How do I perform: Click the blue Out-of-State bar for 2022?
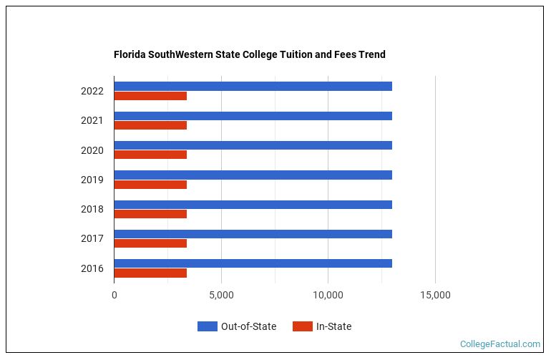click(x=253, y=86)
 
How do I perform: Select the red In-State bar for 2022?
click(x=150, y=96)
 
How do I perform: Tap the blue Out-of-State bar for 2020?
click(x=253, y=145)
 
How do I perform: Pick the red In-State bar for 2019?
click(x=150, y=185)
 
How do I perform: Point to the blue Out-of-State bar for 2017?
click(x=253, y=234)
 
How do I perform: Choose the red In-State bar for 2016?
click(x=150, y=273)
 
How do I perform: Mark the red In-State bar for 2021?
click(x=150, y=125)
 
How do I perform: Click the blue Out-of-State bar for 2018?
click(x=253, y=205)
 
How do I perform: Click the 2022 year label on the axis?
click(x=92, y=91)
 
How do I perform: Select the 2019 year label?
click(x=92, y=180)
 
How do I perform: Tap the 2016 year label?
click(x=92, y=268)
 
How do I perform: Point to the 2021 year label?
click(x=92, y=120)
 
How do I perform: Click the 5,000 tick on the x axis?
click(x=221, y=294)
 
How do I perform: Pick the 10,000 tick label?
click(x=328, y=294)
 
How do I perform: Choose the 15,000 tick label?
click(x=435, y=294)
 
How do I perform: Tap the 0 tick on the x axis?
click(x=114, y=294)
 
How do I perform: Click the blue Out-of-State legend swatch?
click(x=207, y=326)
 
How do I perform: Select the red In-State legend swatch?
click(x=303, y=326)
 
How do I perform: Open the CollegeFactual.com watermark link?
click(x=500, y=344)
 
